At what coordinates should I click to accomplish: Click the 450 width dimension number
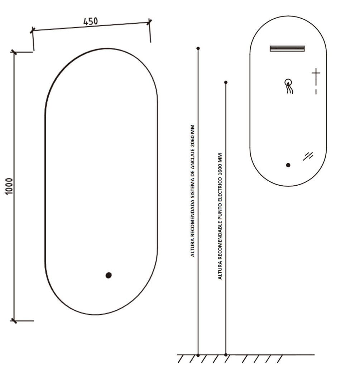[x=91, y=22]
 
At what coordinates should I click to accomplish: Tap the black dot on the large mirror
[x=109, y=275]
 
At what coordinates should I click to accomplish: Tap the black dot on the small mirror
[x=288, y=165]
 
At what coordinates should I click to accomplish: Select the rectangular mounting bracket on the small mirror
[x=287, y=48]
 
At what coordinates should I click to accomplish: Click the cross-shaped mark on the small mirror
[x=316, y=73]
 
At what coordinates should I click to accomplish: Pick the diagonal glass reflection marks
[x=308, y=156]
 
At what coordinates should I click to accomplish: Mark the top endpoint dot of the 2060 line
[x=198, y=48]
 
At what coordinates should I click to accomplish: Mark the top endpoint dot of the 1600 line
[x=226, y=82]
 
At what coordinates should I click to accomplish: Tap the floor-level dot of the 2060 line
[x=198, y=355]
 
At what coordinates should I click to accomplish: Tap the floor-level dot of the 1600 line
[x=226, y=355]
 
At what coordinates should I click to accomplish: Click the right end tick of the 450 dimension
[x=149, y=22]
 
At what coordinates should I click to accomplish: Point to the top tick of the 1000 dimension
[x=14, y=52]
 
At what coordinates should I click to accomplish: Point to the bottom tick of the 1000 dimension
[x=14, y=321]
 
